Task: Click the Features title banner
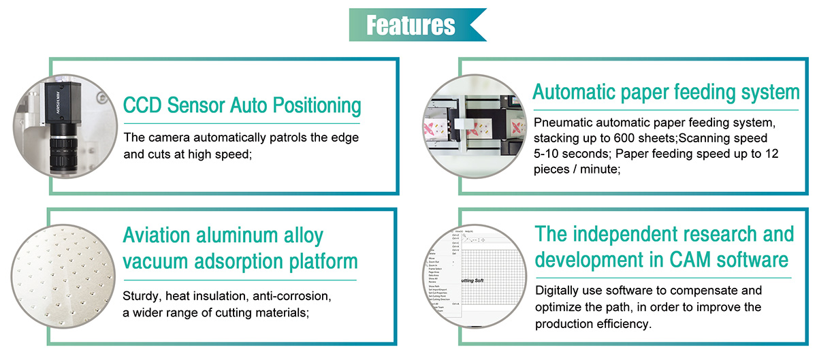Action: point(411,25)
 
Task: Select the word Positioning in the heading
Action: point(317,105)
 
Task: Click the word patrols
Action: point(281,137)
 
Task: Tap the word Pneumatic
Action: point(564,123)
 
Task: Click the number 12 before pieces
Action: point(772,154)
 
